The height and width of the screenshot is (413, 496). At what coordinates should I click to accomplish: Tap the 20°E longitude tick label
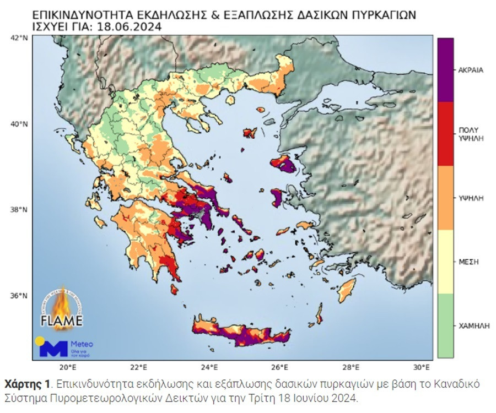tap(67, 367)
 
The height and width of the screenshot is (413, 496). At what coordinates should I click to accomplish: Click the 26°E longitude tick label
tap(280, 367)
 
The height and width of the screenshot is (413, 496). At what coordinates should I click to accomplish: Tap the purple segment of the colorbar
tap(445, 69)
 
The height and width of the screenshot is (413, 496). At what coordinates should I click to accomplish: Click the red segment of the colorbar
tap(445, 133)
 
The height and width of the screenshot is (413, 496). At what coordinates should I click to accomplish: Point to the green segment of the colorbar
tap(445, 325)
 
